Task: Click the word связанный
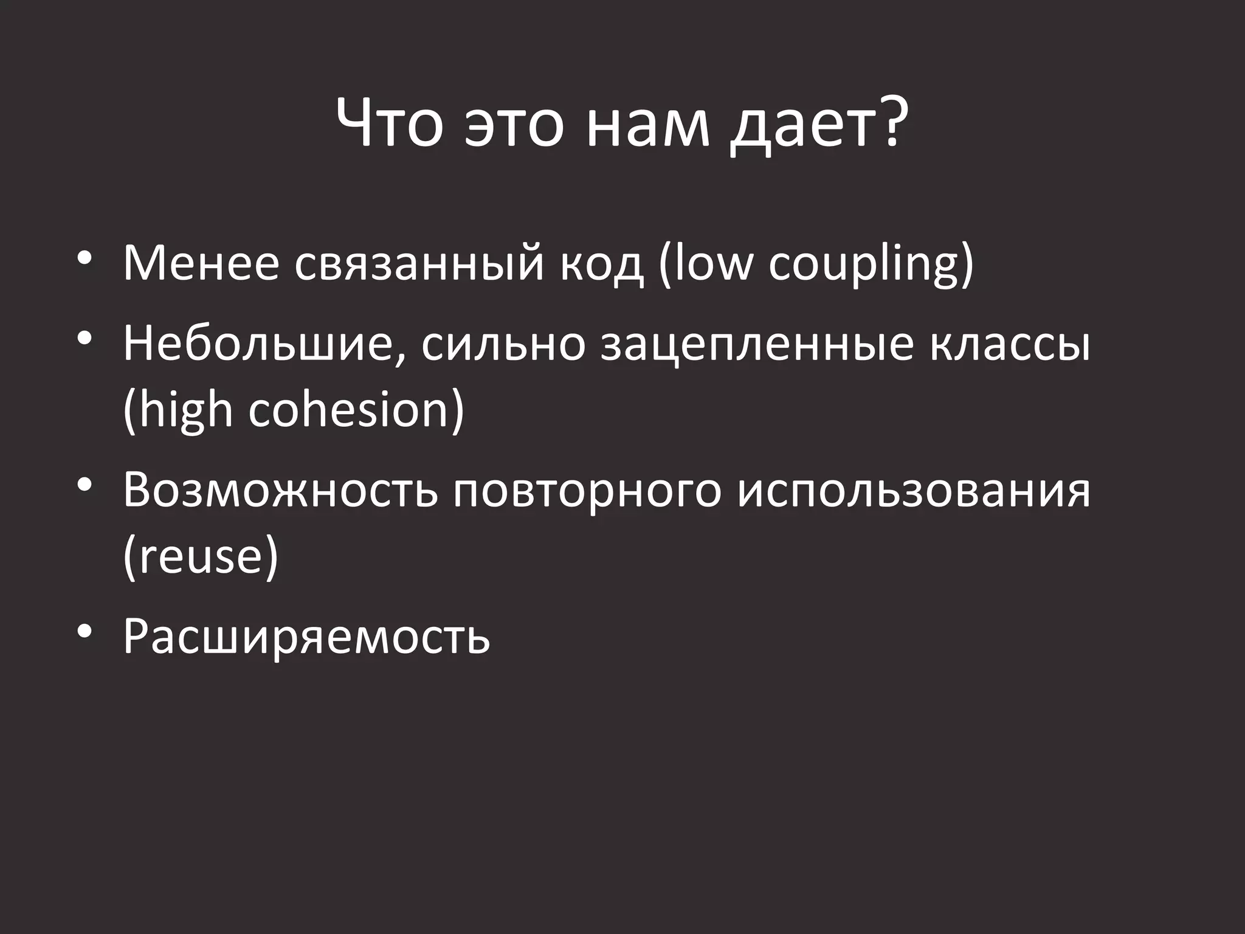pyautogui.click(x=419, y=264)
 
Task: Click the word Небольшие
pyautogui.click(x=264, y=344)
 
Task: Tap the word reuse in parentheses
pyautogui.click(x=201, y=556)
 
